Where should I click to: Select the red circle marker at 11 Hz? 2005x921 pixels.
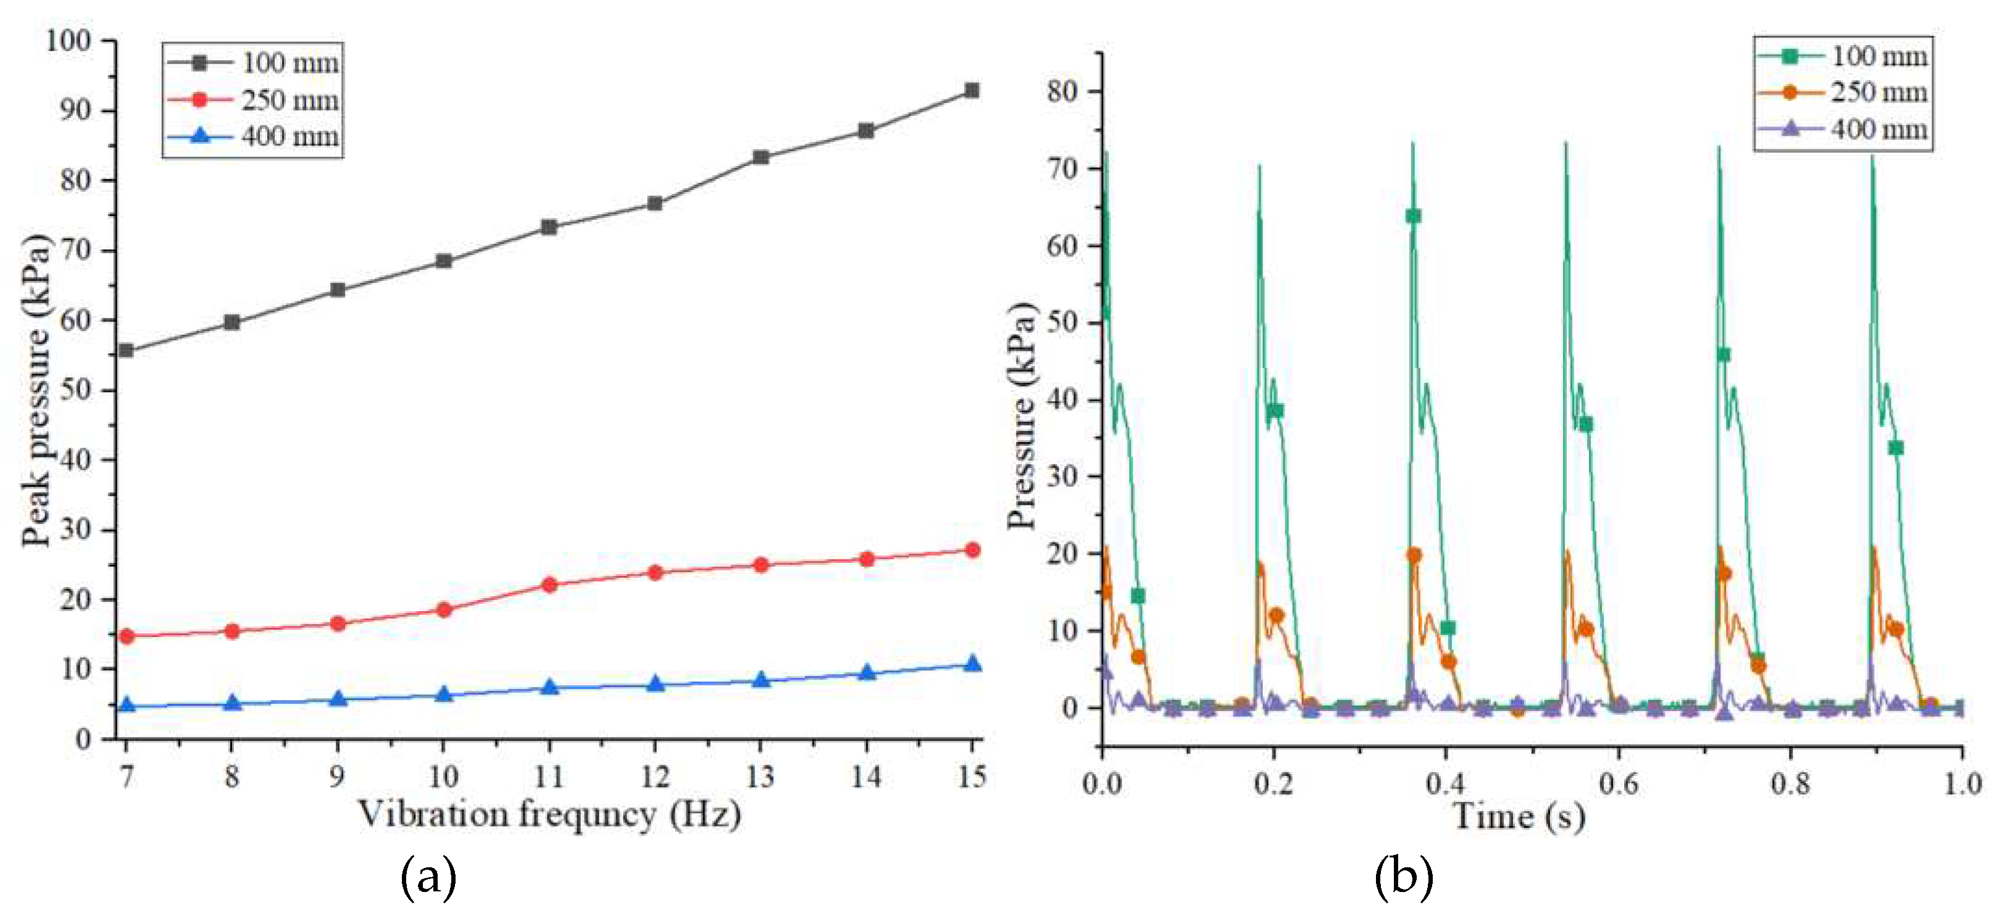pyautogui.click(x=549, y=585)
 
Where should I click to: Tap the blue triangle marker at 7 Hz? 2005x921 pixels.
pyautogui.click(x=126, y=706)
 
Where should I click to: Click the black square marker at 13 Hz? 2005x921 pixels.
pyautogui.click(x=761, y=157)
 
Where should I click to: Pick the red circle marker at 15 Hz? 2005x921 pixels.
pyautogui.click(x=972, y=551)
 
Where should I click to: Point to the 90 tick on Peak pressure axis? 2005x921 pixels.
pyautogui.click(x=75, y=110)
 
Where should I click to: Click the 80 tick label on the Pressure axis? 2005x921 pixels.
pyautogui.click(x=1062, y=91)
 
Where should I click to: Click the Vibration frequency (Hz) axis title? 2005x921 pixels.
pyautogui.click(x=549, y=814)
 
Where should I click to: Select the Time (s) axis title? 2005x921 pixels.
pyautogui.click(x=1518, y=817)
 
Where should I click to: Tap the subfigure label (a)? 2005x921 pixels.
pyautogui.click(x=427, y=877)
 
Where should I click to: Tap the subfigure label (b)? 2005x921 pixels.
pyautogui.click(x=1403, y=877)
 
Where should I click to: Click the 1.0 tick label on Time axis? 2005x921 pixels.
pyautogui.click(x=1962, y=783)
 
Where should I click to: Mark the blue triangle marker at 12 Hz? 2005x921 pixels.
pyautogui.click(x=654, y=685)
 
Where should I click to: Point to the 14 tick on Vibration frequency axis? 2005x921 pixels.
pyautogui.click(x=865, y=775)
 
